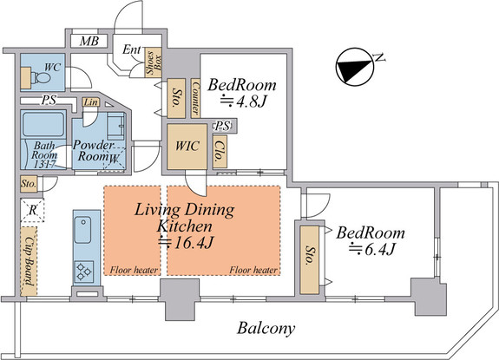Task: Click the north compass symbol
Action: (354, 67)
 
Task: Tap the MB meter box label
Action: (89, 41)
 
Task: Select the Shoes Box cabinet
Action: (154, 62)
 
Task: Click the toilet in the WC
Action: (42, 77)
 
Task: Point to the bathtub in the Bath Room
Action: (43, 124)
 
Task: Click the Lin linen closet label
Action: (91, 102)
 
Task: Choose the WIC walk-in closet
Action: (187, 147)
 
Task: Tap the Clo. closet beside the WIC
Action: (220, 152)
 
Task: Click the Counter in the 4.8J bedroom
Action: (195, 98)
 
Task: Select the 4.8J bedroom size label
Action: (244, 101)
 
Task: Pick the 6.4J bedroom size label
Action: (371, 249)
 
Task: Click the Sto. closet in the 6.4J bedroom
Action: (309, 260)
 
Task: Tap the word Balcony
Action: (266, 328)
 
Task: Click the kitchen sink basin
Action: (82, 230)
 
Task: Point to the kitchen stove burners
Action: (84, 272)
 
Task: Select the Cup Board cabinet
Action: (29, 261)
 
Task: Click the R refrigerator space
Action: (32, 210)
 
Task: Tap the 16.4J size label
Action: (187, 243)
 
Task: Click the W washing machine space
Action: (115, 159)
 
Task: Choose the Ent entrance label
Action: (132, 49)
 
